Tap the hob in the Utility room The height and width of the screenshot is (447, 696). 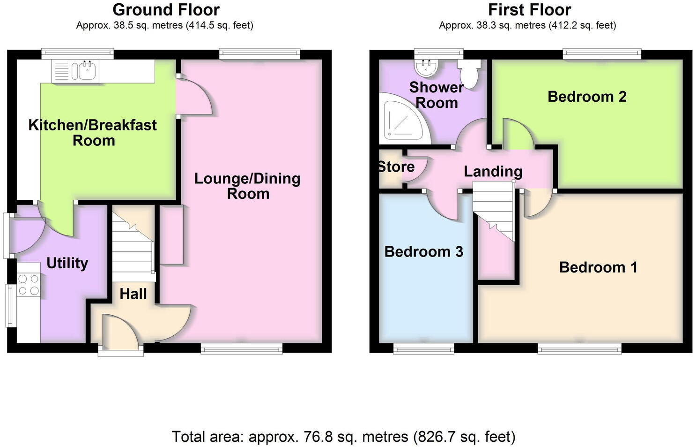pyautogui.click(x=28, y=285)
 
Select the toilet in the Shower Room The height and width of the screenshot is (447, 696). pyautogui.click(x=469, y=73)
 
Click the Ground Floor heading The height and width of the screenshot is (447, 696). pyautogui.click(x=166, y=9)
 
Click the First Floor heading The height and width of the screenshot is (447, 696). pyautogui.click(x=529, y=9)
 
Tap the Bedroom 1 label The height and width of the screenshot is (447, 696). pyautogui.click(x=598, y=267)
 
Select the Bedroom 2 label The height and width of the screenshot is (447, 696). pyautogui.click(x=586, y=97)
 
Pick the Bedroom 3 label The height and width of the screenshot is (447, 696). pyautogui.click(x=423, y=252)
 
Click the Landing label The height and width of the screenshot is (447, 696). pyautogui.click(x=493, y=172)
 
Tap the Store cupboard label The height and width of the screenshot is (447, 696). pyautogui.click(x=396, y=167)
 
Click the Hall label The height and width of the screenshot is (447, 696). pyautogui.click(x=133, y=294)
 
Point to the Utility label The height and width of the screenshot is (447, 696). pyautogui.click(x=67, y=263)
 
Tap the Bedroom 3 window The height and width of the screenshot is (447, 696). pyautogui.click(x=423, y=348)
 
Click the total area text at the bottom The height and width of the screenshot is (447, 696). pyautogui.click(x=343, y=437)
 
